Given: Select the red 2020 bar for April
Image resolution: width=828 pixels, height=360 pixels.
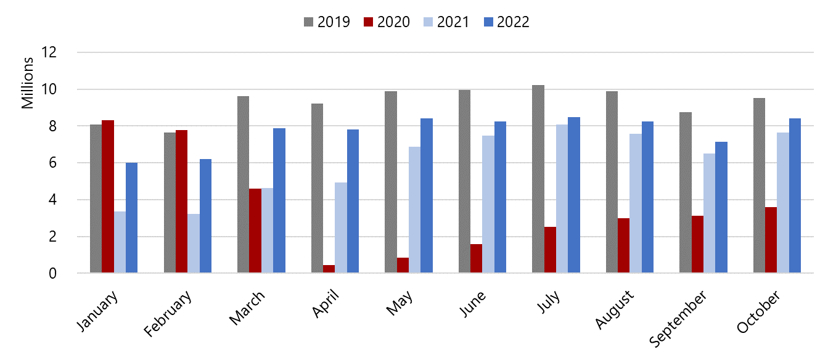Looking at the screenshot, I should point(329,269).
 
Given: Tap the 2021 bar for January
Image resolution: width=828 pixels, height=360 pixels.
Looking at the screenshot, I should point(120,242).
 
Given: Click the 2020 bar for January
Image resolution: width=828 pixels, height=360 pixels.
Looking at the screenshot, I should point(108,197).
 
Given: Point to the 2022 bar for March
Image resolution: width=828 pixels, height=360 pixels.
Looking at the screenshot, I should point(279,200).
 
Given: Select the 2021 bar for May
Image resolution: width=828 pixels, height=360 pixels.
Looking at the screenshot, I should point(415,210).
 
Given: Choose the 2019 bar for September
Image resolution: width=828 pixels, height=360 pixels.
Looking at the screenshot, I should point(686,192).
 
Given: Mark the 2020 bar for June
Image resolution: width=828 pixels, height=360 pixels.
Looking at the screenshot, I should point(477,258).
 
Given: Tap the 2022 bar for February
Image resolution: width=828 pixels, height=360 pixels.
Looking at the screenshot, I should point(205,216).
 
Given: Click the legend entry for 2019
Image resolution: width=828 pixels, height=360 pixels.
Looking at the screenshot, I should point(327,22).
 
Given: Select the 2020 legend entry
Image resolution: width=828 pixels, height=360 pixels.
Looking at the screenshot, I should point(387,22).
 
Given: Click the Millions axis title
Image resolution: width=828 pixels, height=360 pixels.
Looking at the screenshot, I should point(28,83).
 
